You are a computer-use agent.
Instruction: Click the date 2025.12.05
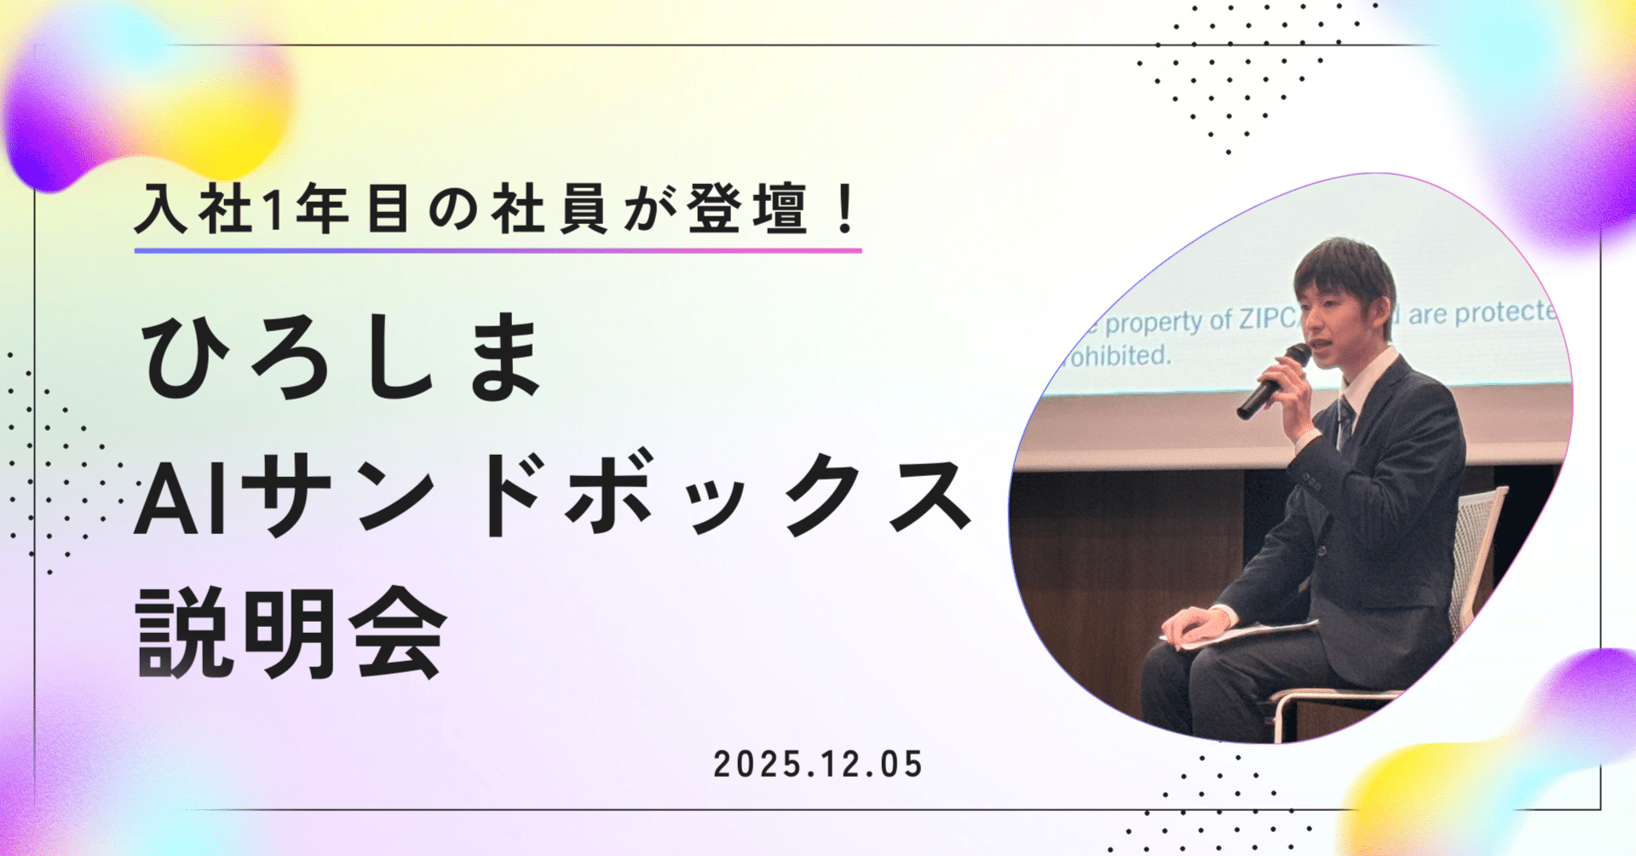click(818, 764)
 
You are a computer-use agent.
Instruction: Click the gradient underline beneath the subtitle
click(498, 250)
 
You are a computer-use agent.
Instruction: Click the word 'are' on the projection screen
click(1427, 314)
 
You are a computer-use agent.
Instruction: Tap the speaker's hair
click(1342, 268)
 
